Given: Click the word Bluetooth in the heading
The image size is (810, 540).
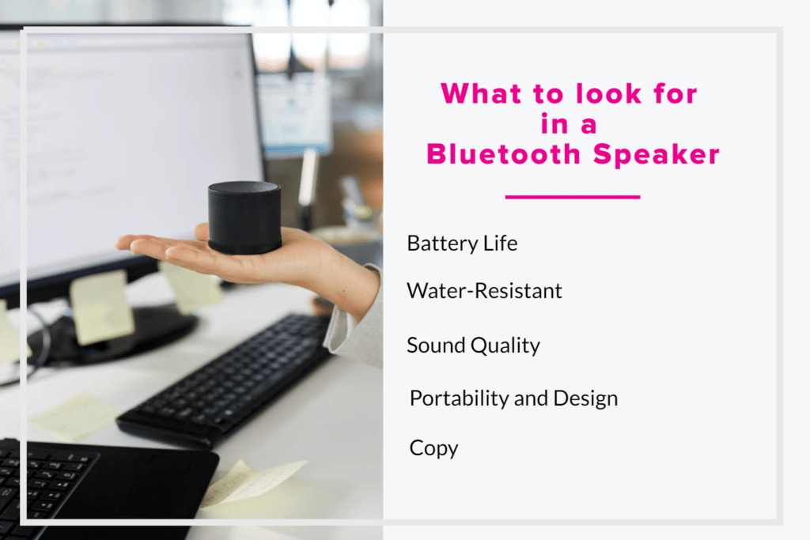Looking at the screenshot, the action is [x=504, y=154].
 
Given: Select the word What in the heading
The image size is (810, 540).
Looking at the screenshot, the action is [x=481, y=93].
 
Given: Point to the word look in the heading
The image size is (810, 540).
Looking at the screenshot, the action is [x=608, y=93].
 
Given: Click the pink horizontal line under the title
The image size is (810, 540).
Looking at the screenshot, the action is [x=573, y=197].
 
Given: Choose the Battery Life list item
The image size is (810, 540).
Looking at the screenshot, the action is [x=462, y=244].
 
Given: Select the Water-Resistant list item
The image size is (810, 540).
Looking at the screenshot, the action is [x=484, y=291].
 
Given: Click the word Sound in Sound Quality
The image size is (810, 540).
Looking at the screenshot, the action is [x=436, y=346].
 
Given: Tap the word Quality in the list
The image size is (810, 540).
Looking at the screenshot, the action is [x=505, y=346].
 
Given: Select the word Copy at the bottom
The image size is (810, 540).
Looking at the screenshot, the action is [x=433, y=448].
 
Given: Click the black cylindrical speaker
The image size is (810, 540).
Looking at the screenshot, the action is [x=244, y=217].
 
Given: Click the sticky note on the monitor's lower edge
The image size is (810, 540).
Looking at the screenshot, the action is [x=102, y=307].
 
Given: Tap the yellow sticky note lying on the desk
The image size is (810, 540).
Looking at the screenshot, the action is [x=74, y=417].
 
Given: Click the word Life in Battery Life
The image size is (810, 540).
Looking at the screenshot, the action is [x=500, y=244].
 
